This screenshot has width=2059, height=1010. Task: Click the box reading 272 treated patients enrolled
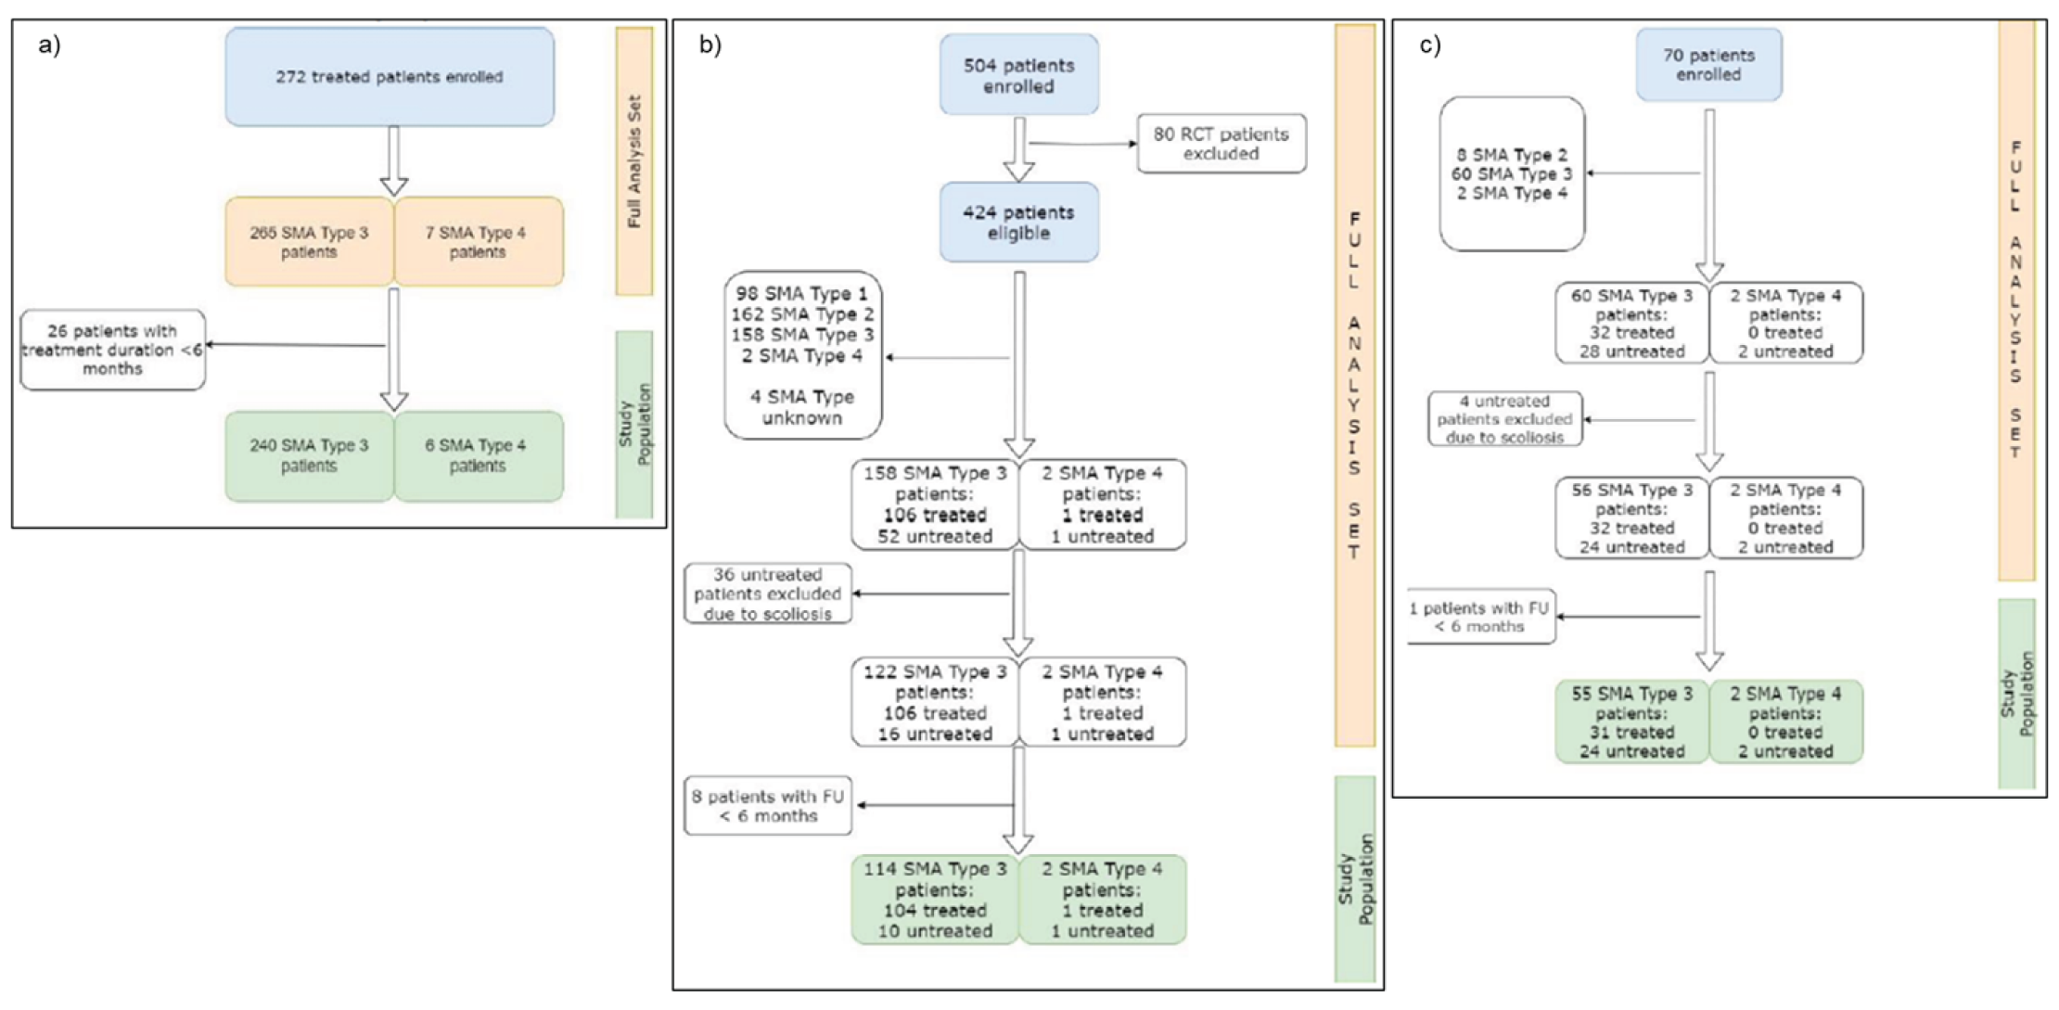(x=390, y=77)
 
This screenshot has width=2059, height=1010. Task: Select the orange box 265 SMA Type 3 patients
(x=309, y=242)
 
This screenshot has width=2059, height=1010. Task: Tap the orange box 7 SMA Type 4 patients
(x=478, y=242)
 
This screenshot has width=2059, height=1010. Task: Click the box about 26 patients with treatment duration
(x=112, y=350)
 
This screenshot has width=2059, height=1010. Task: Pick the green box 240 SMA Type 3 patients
(x=309, y=455)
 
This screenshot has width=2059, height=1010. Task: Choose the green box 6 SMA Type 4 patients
(x=478, y=455)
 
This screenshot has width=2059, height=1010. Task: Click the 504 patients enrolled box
(x=1018, y=76)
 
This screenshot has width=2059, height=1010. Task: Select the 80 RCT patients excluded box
(x=1221, y=144)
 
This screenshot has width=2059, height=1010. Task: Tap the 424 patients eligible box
(x=1018, y=223)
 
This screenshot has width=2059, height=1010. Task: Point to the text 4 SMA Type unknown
(x=802, y=407)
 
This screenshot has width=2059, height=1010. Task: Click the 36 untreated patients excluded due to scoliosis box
(x=768, y=594)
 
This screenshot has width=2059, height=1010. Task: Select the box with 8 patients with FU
(x=768, y=806)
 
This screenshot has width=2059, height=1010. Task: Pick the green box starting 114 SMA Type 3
(x=935, y=900)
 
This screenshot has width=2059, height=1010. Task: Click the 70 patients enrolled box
(x=1708, y=65)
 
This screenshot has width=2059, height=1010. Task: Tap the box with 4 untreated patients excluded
(x=1504, y=419)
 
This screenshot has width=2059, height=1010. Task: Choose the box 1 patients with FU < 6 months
(x=1480, y=617)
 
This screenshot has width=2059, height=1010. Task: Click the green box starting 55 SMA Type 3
(x=1631, y=722)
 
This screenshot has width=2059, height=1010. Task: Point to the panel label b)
(x=710, y=45)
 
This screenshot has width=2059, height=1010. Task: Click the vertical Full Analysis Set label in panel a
(x=634, y=161)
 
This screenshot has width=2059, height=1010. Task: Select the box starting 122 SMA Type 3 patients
(x=935, y=702)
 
